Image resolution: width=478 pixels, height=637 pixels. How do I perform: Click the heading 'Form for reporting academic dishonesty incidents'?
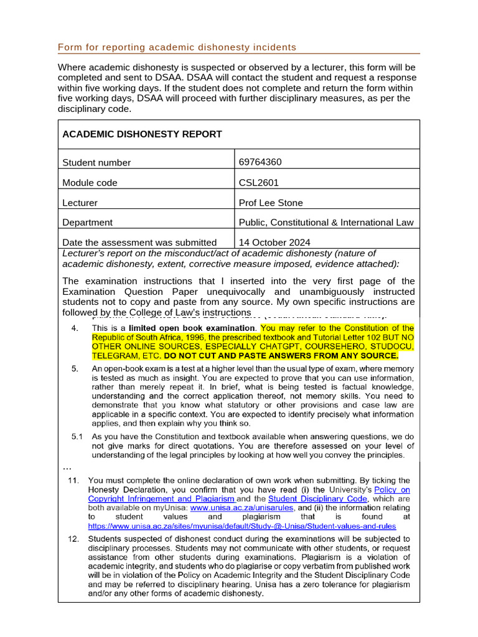click(x=177, y=47)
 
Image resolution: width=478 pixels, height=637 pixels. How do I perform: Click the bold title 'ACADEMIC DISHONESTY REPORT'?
click(x=142, y=134)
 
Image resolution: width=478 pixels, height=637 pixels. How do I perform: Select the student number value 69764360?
click(x=260, y=162)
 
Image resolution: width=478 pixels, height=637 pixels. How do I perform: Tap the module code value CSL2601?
click(x=259, y=183)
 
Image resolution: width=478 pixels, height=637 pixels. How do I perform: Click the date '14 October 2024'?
click(x=274, y=243)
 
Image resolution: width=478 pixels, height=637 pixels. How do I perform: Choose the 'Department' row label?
click(x=87, y=223)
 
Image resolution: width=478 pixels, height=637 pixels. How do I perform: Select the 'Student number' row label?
click(x=96, y=163)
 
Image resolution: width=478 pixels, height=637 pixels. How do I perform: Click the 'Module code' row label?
click(x=90, y=183)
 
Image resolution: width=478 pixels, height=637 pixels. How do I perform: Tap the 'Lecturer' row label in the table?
click(x=80, y=203)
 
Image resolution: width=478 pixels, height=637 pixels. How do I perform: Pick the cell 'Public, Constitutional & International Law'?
click(x=326, y=223)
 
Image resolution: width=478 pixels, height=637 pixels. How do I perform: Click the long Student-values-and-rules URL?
click(x=241, y=526)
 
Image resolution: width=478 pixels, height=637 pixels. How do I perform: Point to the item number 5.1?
click(x=77, y=437)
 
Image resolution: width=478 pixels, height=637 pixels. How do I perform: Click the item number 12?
click(x=74, y=539)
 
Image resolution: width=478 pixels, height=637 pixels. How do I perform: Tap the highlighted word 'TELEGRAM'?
click(x=115, y=356)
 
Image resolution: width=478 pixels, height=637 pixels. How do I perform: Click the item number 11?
click(x=74, y=480)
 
